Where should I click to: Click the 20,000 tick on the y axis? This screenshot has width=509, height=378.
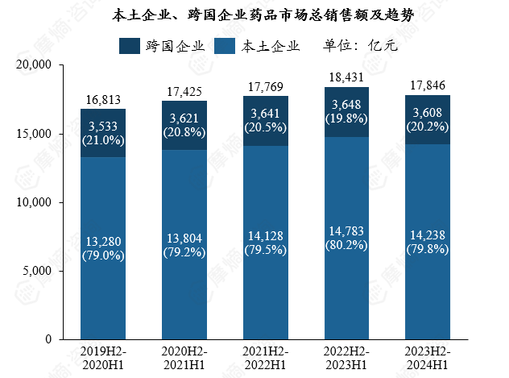(34, 65)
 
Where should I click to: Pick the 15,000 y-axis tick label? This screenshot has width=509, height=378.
(34, 134)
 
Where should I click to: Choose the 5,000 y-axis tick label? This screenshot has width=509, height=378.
(37, 271)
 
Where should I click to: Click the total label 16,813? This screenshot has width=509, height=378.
(102, 100)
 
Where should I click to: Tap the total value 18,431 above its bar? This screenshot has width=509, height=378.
(346, 78)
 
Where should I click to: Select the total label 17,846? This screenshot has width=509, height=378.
(428, 86)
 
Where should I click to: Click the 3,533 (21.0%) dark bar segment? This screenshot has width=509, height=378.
(102, 133)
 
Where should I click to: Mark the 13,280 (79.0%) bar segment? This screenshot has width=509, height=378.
(102, 248)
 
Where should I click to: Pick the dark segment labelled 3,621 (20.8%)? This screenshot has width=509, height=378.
(184, 126)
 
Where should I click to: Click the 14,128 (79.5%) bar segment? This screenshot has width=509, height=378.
(265, 242)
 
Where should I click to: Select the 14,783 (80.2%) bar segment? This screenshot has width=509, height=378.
(346, 238)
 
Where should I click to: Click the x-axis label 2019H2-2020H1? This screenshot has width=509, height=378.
(102, 358)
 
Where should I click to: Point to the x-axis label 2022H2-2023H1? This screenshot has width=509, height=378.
(346, 358)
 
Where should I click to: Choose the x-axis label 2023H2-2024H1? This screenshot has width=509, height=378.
(428, 358)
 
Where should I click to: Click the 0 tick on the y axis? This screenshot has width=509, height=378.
(48, 339)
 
